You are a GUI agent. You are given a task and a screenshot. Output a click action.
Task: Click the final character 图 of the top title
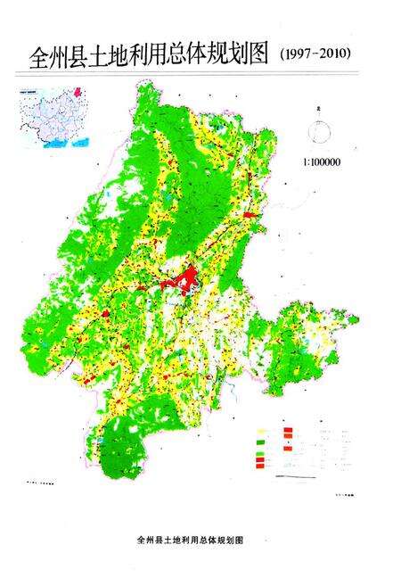259,59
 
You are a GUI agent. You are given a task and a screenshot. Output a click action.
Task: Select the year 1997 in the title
299,55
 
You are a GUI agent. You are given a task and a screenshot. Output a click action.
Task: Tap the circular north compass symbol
317,133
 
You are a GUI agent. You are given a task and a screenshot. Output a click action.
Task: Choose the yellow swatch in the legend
261,431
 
